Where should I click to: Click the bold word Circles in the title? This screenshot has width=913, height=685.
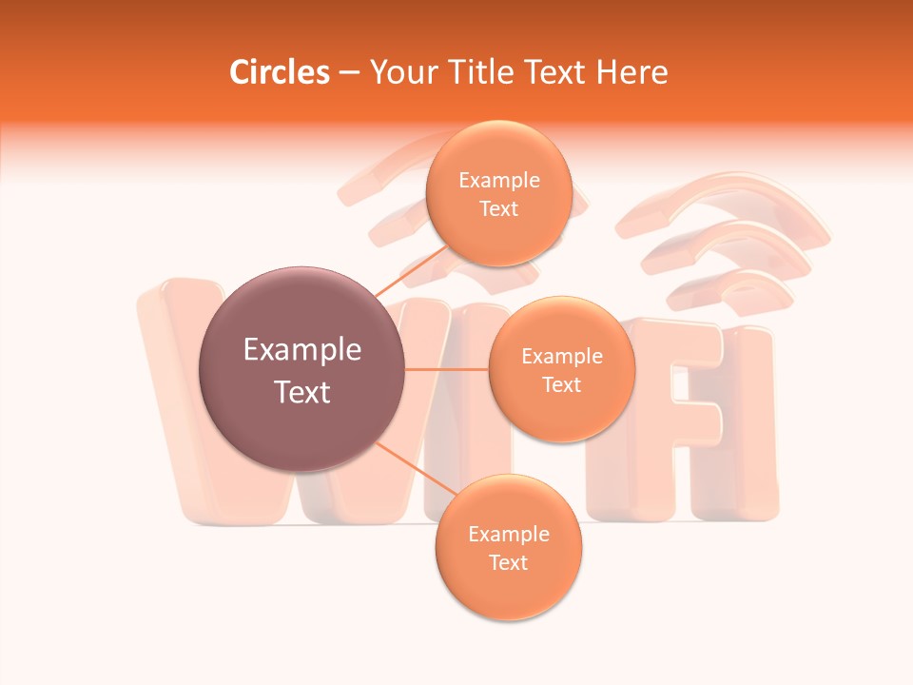click(279, 72)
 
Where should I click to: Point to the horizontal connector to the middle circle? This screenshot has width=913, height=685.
click(446, 369)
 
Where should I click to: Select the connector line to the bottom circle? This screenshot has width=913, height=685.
click(415, 470)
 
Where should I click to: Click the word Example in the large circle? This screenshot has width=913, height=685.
click(302, 350)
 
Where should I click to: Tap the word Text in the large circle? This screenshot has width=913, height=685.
click(302, 392)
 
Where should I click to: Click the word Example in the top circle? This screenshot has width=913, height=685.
click(499, 180)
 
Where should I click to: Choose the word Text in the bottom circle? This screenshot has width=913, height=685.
click(508, 562)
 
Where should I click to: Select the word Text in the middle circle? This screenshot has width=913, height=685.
click(561, 384)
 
